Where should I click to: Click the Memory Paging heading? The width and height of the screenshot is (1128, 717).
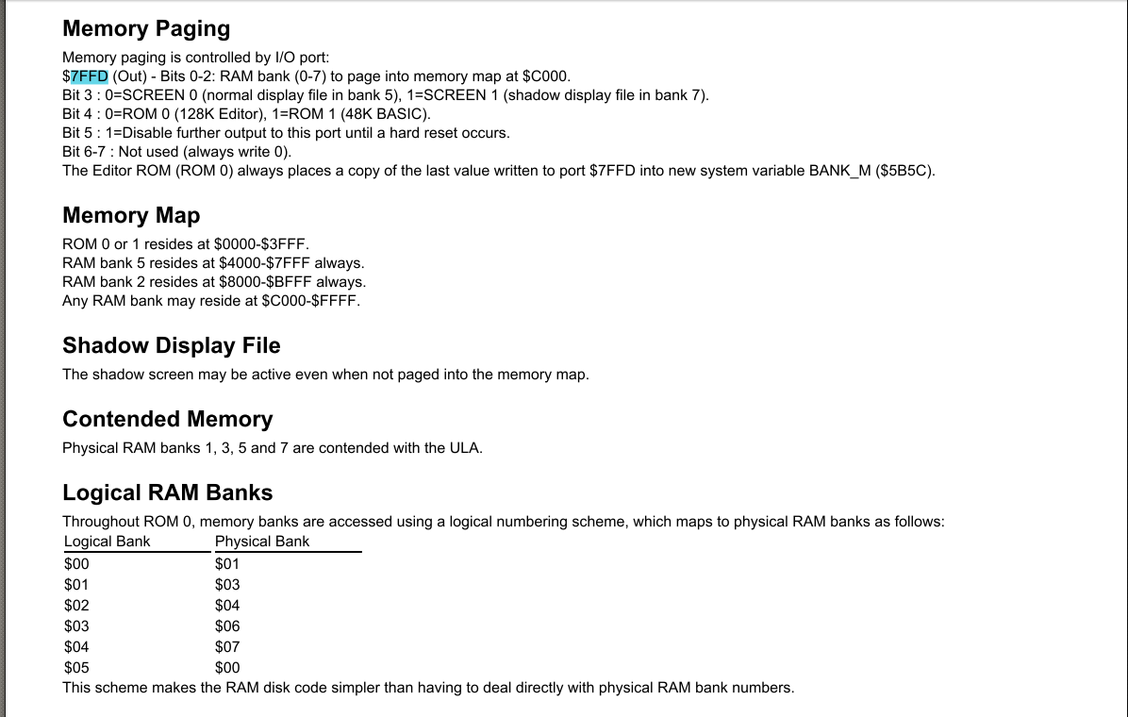[146, 28]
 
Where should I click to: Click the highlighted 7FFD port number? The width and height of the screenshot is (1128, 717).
[90, 75]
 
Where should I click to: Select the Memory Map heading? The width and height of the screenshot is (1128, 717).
[131, 215]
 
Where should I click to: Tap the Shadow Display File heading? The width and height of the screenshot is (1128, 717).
[172, 345]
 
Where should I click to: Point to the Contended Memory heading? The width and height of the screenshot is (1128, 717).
[167, 419]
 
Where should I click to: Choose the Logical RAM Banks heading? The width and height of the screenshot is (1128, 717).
[167, 492]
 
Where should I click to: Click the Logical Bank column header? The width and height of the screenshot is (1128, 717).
[108, 542]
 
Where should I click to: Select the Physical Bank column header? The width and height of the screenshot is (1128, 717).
[262, 542]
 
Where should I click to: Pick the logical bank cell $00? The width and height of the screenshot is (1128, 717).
[76, 564]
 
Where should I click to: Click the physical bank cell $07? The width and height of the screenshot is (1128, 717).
[227, 647]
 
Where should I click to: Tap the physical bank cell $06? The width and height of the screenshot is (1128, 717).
[227, 626]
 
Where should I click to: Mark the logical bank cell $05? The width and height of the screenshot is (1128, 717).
[76, 668]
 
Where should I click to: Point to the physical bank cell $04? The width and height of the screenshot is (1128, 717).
[227, 606]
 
